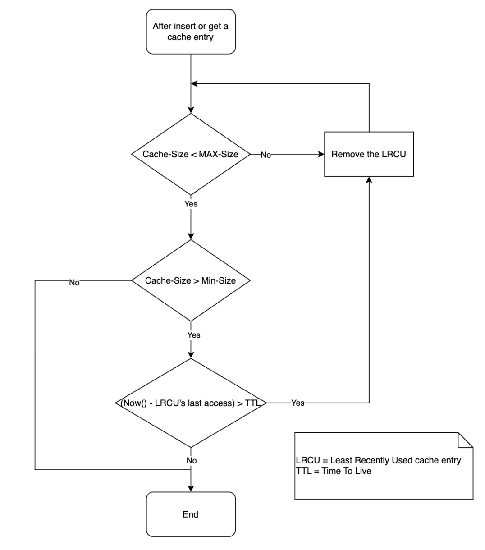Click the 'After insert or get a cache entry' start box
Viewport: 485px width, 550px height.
[x=191, y=32]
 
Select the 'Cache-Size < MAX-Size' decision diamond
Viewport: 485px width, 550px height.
[x=191, y=154]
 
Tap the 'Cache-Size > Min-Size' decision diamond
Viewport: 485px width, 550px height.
[x=191, y=280]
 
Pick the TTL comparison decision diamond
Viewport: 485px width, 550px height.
[x=191, y=403]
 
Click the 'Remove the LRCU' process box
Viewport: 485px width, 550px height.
[x=369, y=154]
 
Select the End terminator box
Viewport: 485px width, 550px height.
[x=191, y=514]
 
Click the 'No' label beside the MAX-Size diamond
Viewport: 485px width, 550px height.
[x=266, y=155]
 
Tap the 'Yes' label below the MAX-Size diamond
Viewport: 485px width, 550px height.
[x=191, y=204]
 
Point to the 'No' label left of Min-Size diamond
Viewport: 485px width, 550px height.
[x=74, y=283]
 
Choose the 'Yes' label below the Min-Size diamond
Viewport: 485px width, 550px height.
[x=193, y=335]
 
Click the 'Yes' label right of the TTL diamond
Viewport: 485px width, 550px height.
[x=298, y=403]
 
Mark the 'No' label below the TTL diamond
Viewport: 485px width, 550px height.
[x=192, y=461]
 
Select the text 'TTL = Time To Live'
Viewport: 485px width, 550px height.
[x=334, y=471]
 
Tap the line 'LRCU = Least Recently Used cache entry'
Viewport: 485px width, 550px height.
[x=378, y=461]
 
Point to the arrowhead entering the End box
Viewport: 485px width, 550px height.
[x=191, y=488]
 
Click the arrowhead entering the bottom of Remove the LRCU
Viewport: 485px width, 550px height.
[x=369, y=180]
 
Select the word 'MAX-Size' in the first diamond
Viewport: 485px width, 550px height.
[x=219, y=154]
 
